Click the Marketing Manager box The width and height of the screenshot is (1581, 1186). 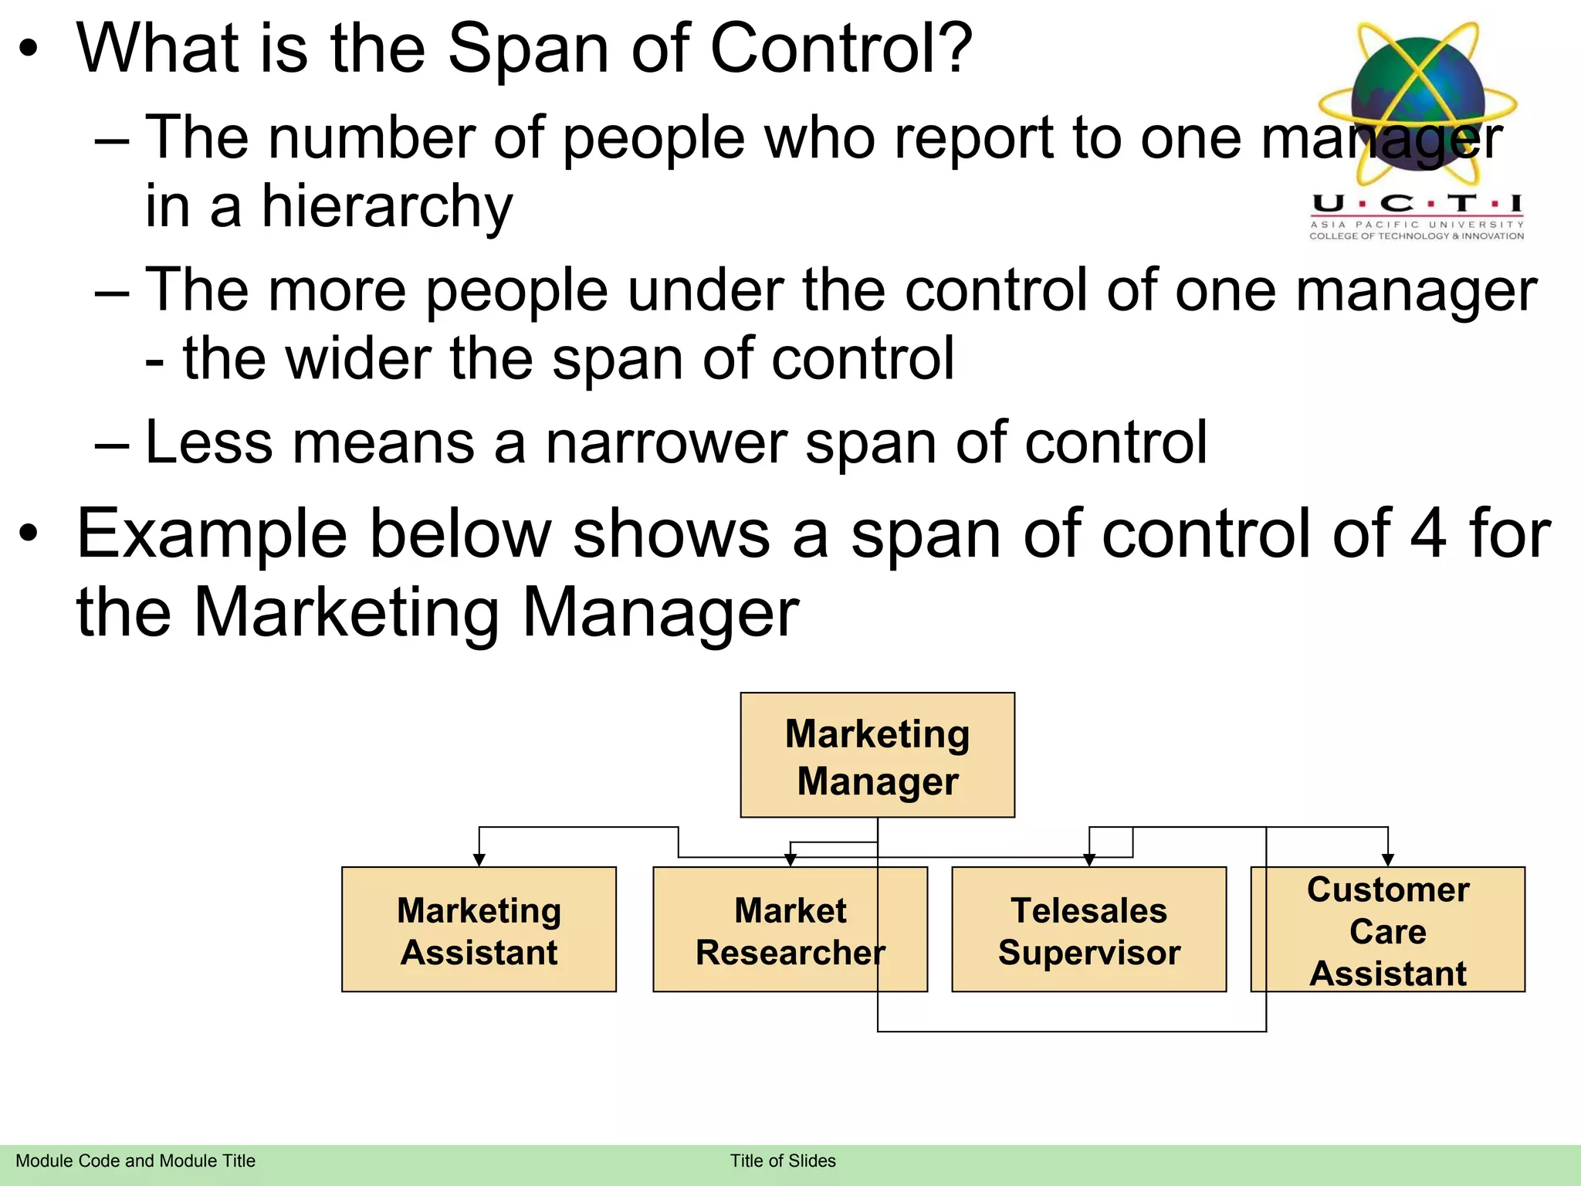click(x=877, y=755)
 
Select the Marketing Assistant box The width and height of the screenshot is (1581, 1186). click(x=479, y=930)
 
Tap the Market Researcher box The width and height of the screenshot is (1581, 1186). click(x=790, y=930)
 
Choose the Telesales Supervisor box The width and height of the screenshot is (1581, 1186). click(x=1088, y=930)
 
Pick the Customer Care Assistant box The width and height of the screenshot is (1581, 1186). click(x=1387, y=930)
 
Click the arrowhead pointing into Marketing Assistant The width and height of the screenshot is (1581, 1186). click(x=479, y=860)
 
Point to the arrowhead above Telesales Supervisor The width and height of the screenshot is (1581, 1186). click(x=1089, y=860)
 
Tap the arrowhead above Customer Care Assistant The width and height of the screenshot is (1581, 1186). click(x=1388, y=860)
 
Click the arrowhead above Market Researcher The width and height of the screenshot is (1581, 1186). click(x=790, y=860)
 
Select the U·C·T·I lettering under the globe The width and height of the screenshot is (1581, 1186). click(x=1417, y=204)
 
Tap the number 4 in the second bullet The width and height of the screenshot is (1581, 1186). click(x=1428, y=534)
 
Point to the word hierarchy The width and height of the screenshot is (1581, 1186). click(x=386, y=207)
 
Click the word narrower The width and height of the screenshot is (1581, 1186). click(x=666, y=443)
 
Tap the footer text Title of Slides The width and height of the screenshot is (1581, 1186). click(x=783, y=1161)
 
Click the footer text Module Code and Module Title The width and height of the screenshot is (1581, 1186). click(x=135, y=1161)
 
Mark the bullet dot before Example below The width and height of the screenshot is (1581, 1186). click(x=29, y=534)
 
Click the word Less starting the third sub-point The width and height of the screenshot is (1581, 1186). click(x=208, y=443)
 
